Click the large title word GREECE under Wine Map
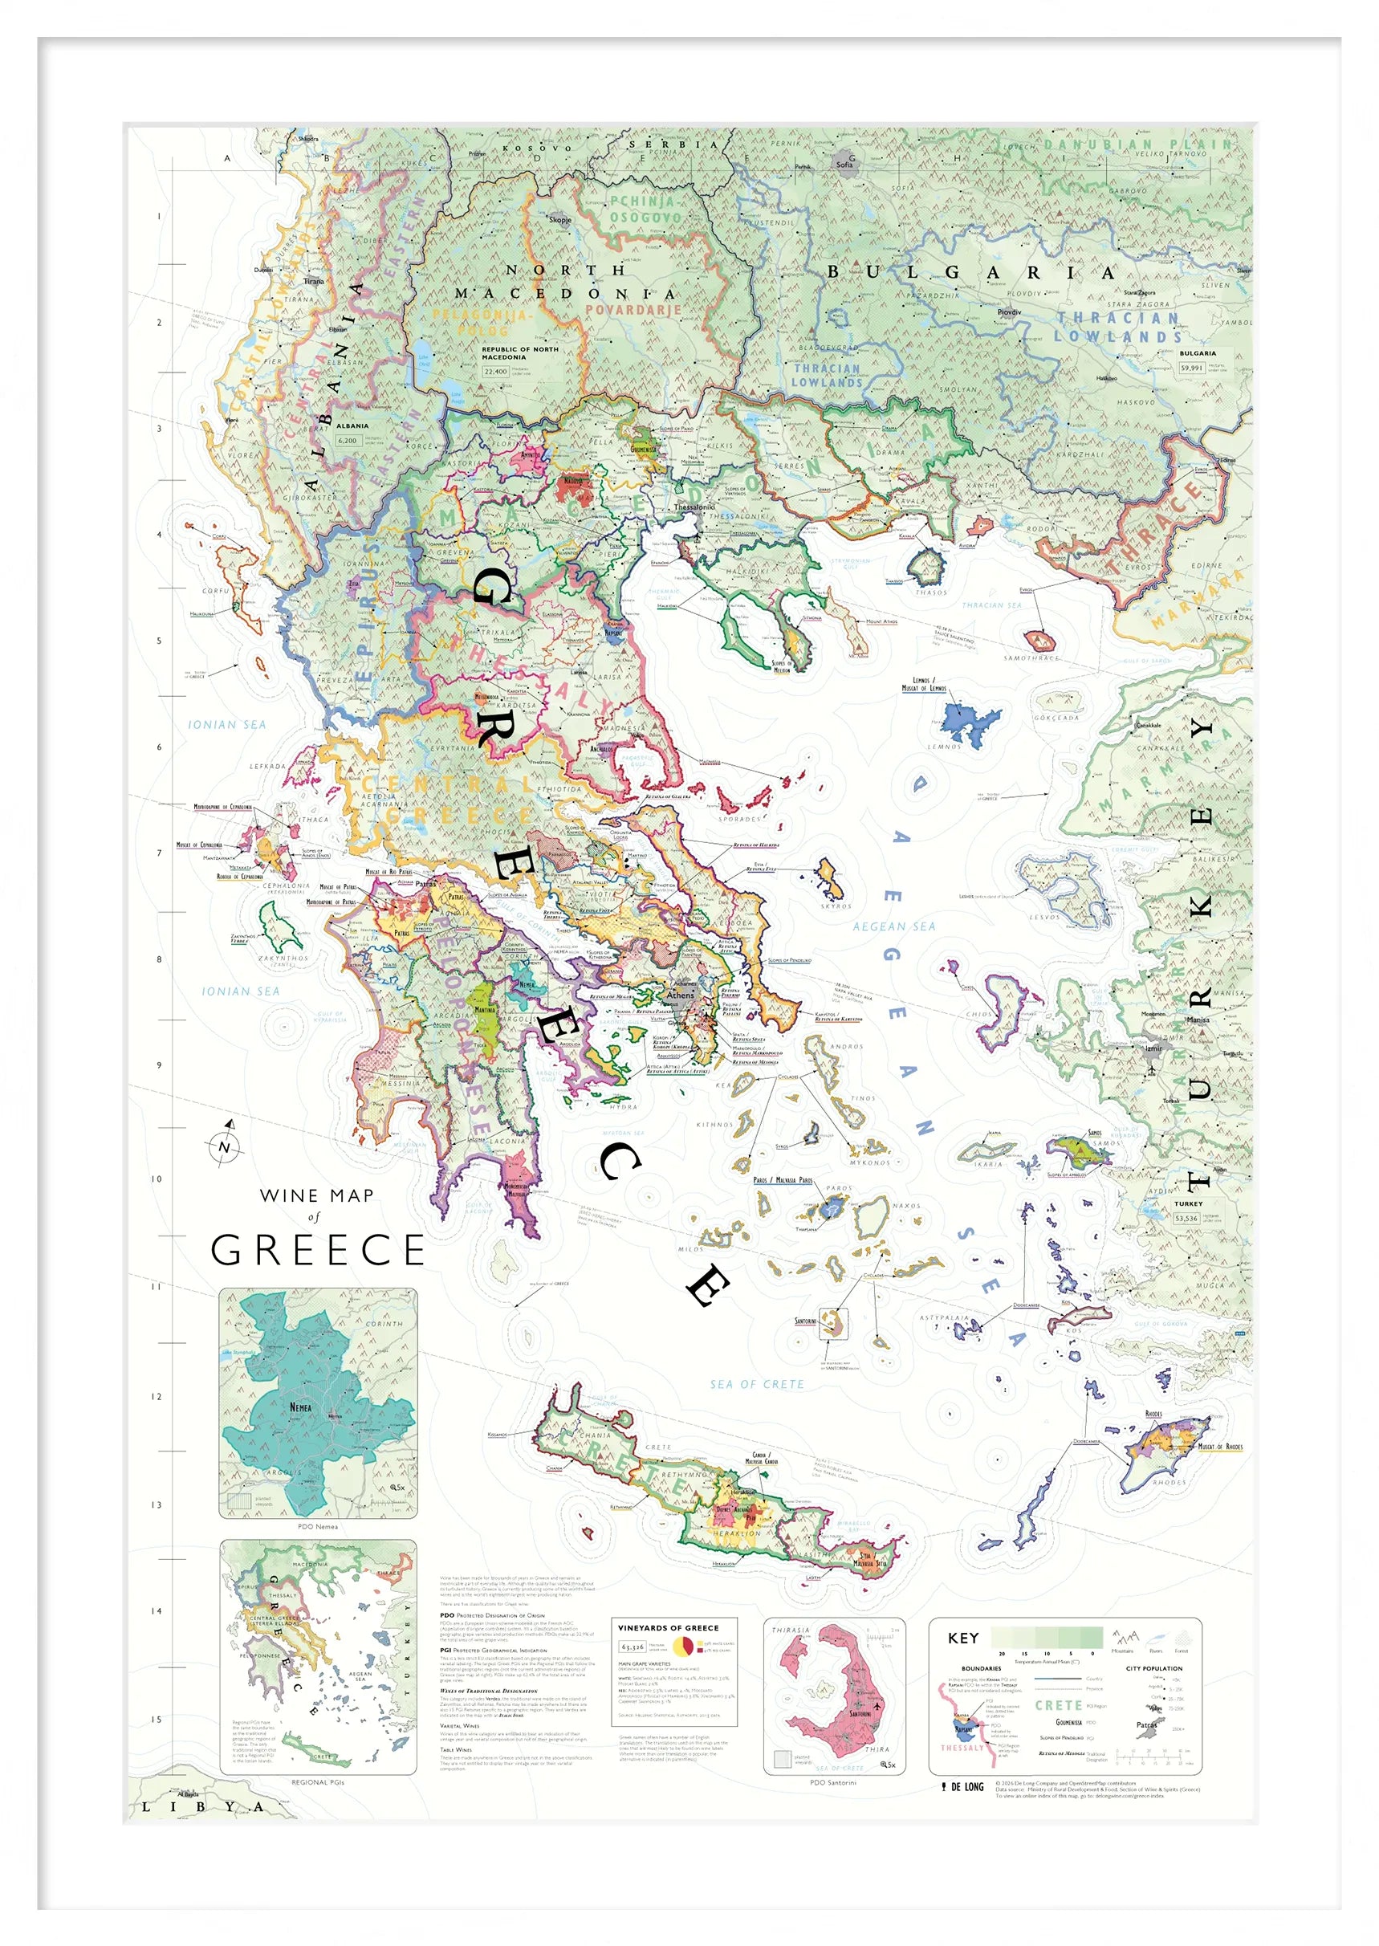(x=318, y=1250)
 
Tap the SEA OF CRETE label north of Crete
(x=757, y=1384)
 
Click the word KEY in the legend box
(x=963, y=1638)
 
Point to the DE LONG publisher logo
(x=963, y=1786)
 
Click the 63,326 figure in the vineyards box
(x=633, y=1647)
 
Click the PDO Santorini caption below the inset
(x=833, y=1782)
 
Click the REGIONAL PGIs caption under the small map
(x=318, y=1782)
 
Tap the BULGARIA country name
(x=970, y=272)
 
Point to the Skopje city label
(x=559, y=220)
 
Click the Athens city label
(x=680, y=994)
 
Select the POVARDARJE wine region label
(x=633, y=310)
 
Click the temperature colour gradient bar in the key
(x=1046, y=1638)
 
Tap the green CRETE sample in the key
(x=1057, y=1705)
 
